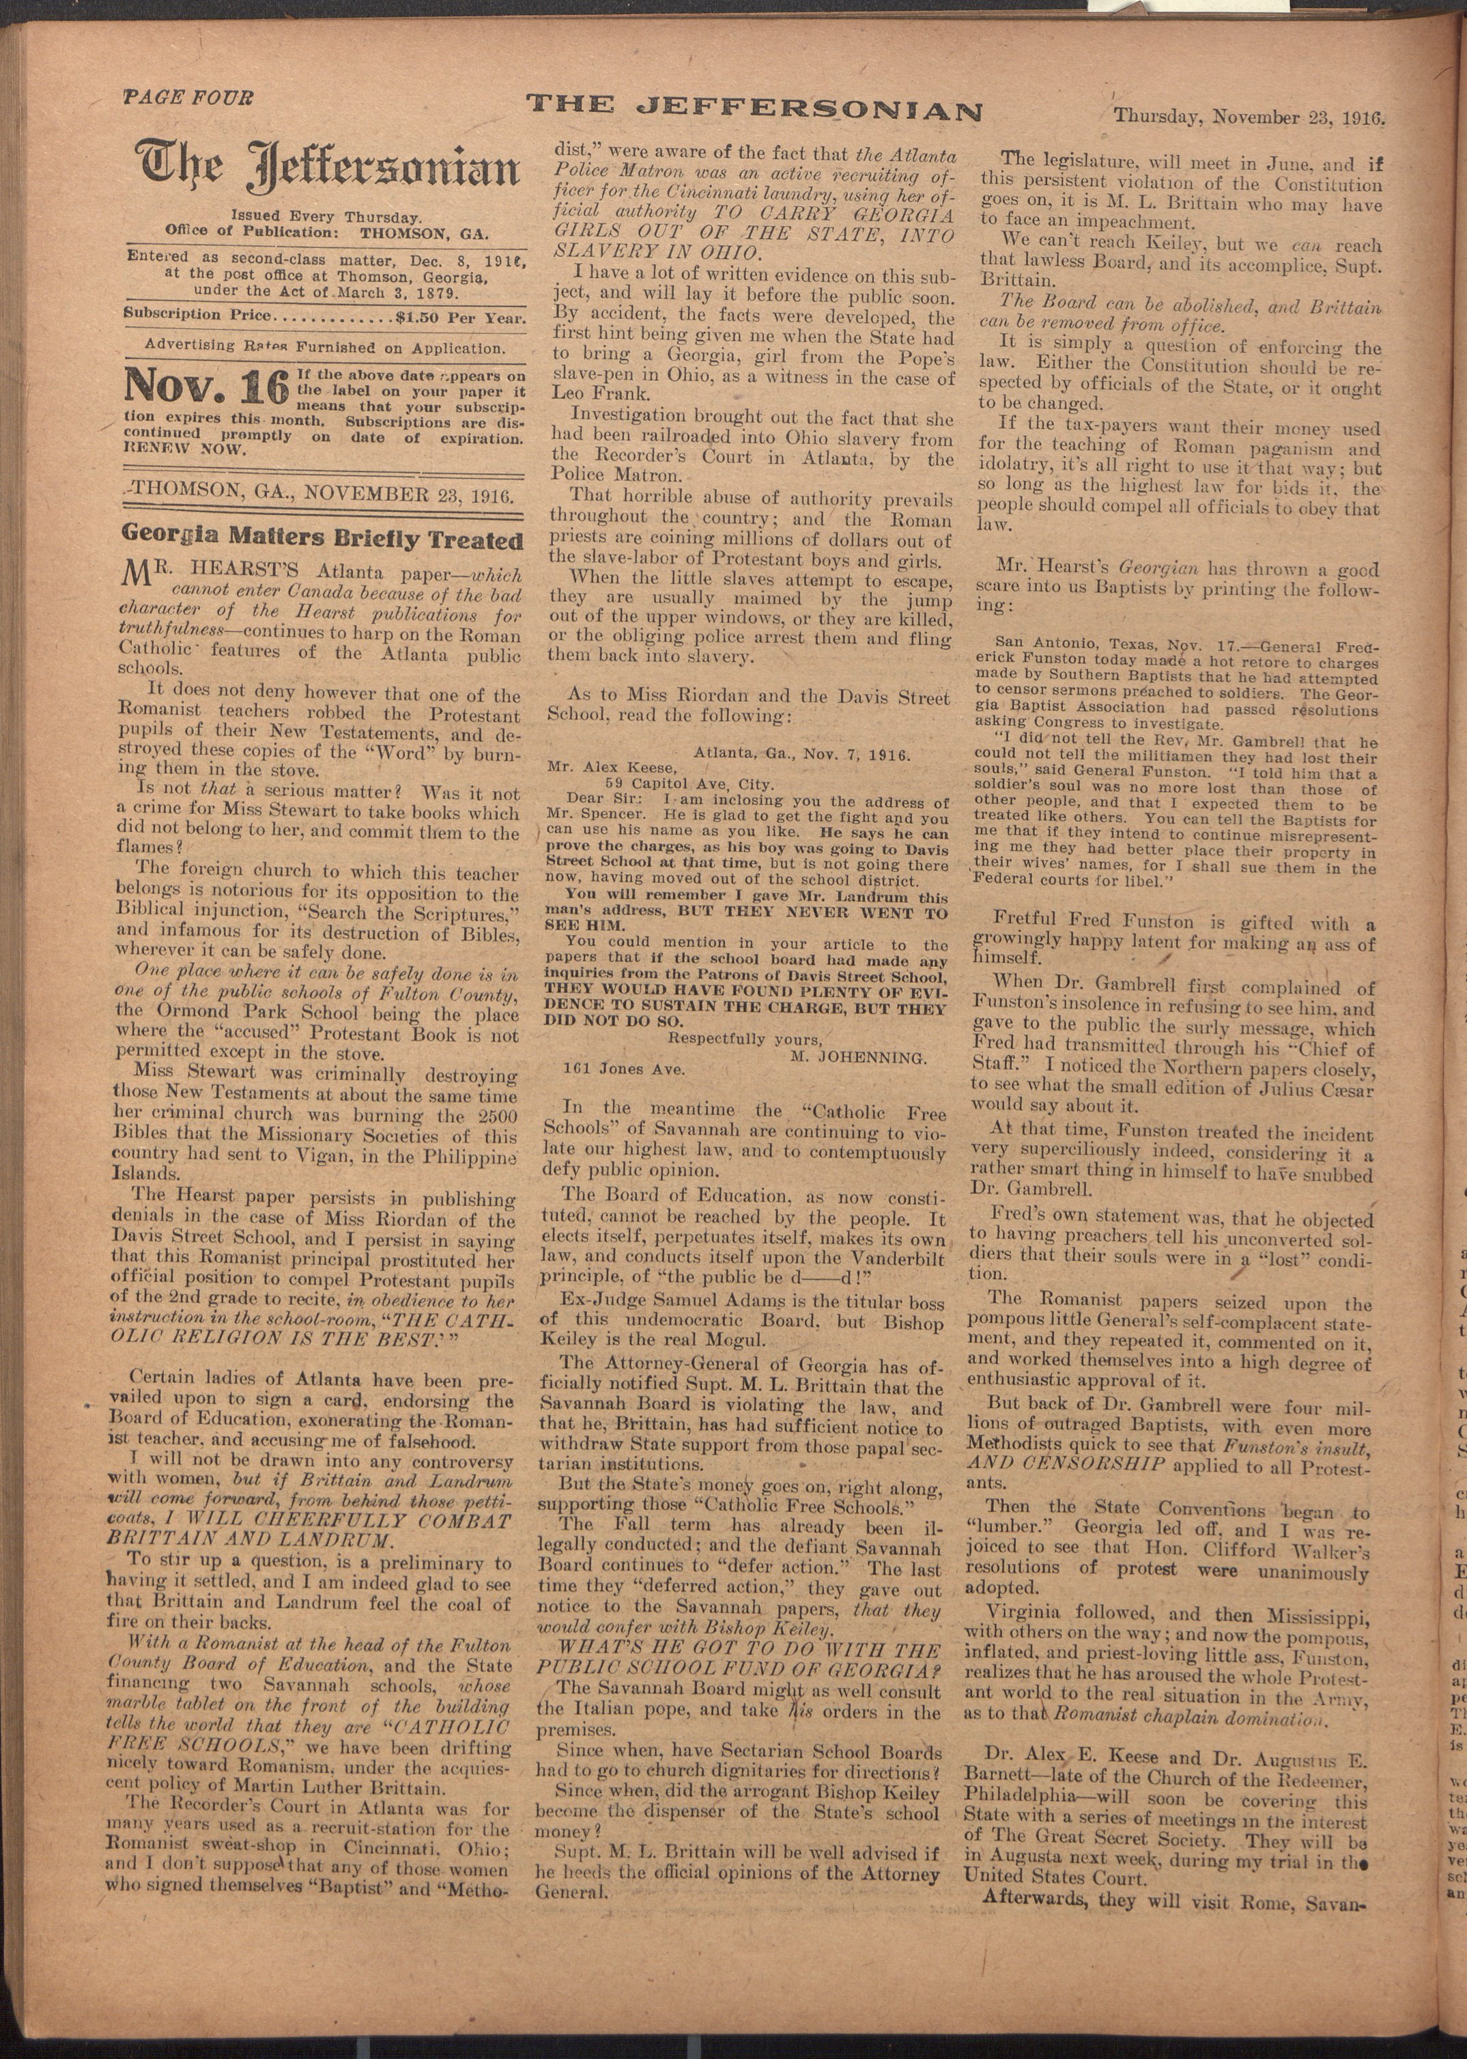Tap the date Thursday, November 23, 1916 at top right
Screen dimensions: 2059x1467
pos(1249,117)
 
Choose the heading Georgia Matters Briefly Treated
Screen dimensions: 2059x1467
pos(322,540)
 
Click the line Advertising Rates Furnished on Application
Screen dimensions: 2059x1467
pos(325,348)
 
